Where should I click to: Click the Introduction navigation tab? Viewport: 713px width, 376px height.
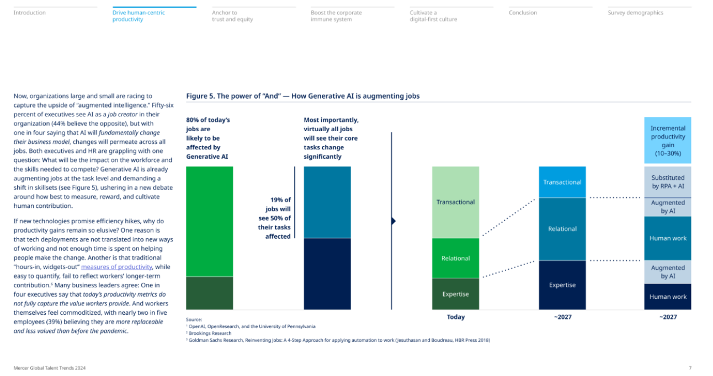click(30, 13)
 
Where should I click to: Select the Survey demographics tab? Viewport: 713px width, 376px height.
click(635, 13)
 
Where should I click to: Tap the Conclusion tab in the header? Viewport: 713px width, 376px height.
click(523, 13)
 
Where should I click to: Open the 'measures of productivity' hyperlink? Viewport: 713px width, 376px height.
click(116, 267)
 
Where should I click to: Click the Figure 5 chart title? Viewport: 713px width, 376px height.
click(303, 96)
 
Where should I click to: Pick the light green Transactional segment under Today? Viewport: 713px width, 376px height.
click(455, 202)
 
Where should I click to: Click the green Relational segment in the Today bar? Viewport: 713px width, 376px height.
click(455, 259)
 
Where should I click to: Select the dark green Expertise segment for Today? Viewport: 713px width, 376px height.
click(455, 294)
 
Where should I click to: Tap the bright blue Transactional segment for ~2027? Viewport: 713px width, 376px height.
click(562, 182)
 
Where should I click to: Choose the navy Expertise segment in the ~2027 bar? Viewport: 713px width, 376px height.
click(562, 285)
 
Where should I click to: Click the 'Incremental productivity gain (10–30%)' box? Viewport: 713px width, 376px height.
click(668, 140)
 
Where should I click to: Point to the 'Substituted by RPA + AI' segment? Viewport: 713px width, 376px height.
click(668, 182)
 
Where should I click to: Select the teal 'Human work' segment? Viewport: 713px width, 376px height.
click(668, 238)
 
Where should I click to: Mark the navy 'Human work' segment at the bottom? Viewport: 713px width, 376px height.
click(668, 297)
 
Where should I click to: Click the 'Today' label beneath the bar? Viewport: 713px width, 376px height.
click(455, 317)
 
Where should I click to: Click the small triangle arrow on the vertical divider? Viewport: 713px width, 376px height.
click(393, 221)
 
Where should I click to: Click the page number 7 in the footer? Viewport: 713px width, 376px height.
click(690, 368)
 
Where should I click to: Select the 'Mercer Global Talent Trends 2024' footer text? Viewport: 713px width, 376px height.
click(50, 368)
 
